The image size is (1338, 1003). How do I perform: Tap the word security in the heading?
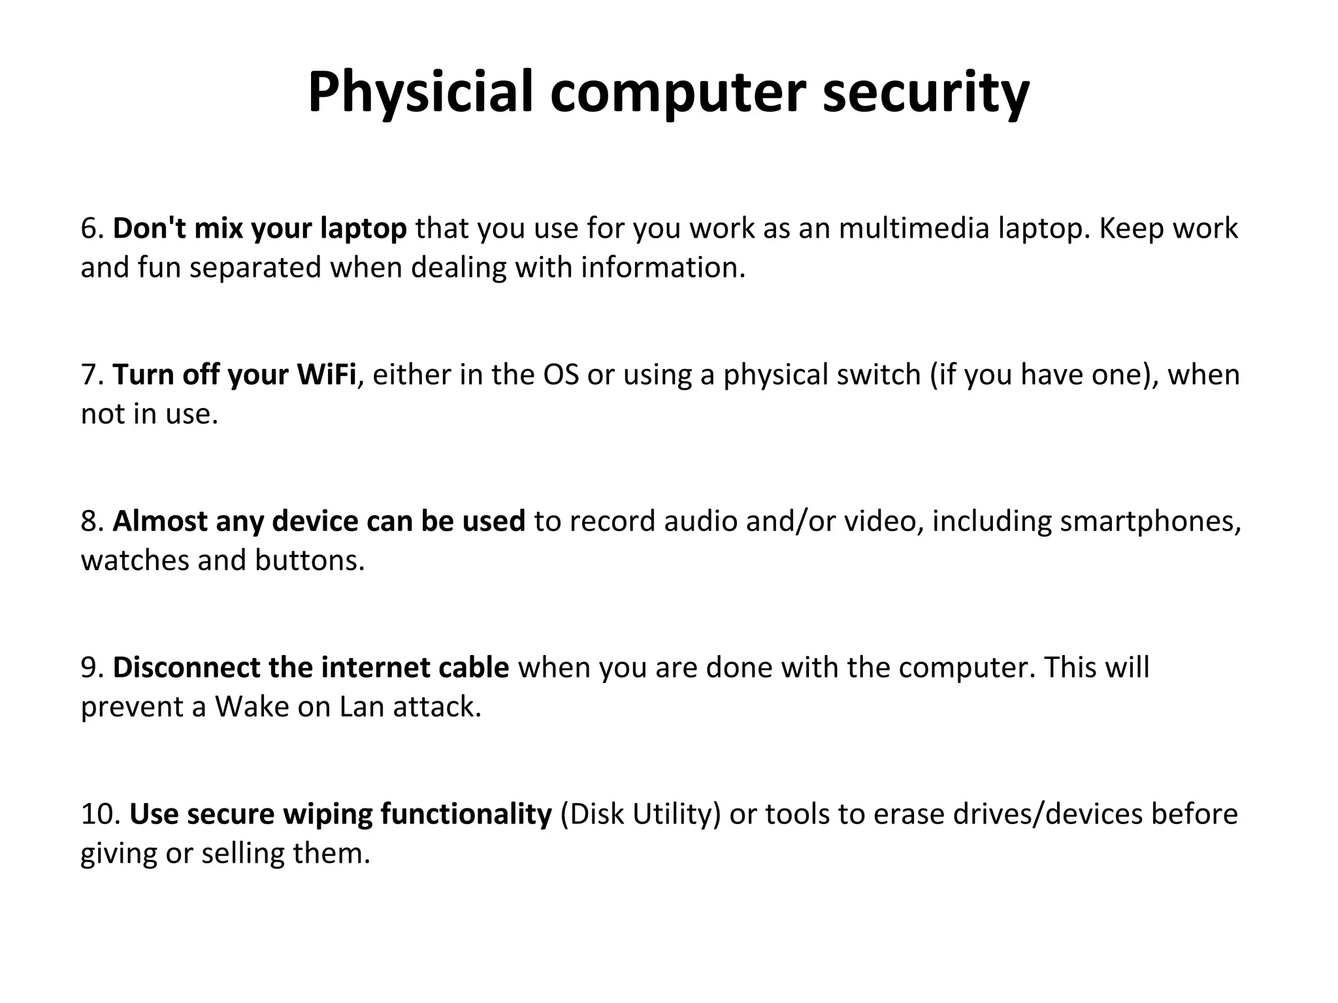[x=926, y=93]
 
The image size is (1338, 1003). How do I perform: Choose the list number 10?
[x=100, y=814]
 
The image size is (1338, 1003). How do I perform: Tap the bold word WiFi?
[x=326, y=375]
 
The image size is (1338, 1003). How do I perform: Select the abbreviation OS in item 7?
[x=561, y=375]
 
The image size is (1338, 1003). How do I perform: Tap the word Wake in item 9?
[x=252, y=707]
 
